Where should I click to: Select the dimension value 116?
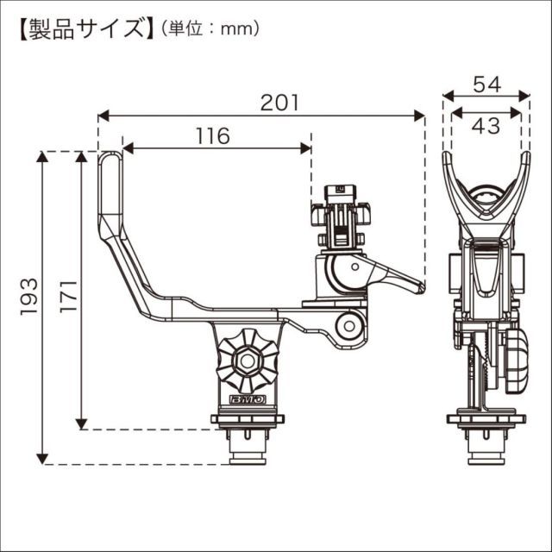(212, 135)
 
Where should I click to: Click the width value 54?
(486, 85)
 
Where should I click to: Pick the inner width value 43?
(486, 126)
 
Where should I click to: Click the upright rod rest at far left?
(110, 185)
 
